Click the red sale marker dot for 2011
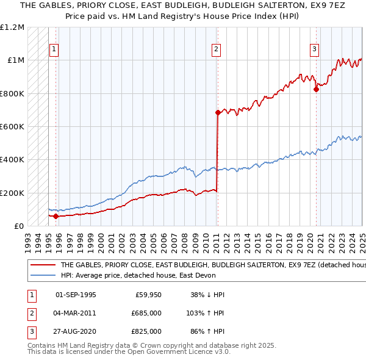[x=218, y=112]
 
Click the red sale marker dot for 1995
[x=56, y=216]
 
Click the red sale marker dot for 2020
[x=316, y=89]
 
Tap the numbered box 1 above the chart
[x=54, y=50]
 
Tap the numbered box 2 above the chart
[x=217, y=50]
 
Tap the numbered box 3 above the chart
[x=314, y=50]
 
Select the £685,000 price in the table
[x=146, y=313]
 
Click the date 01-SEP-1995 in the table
[x=76, y=295]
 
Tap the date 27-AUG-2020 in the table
[x=76, y=331]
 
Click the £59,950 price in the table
[x=148, y=295]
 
